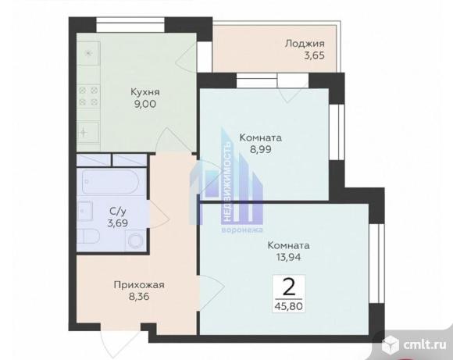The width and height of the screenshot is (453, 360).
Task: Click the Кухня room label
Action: pyautogui.click(x=145, y=92)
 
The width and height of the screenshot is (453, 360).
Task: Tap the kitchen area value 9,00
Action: pyautogui.click(x=145, y=104)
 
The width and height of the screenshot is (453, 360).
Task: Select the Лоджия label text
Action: pyautogui.click(x=305, y=44)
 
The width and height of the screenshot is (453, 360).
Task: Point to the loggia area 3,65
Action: pyautogui.click(x=314, y=55)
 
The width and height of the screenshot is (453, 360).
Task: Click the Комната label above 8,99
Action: pyautogui.click(x=261, y=137)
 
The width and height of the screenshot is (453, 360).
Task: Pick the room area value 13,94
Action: pyautogui.click(x=289, y=257)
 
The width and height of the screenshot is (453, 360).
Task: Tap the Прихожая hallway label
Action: pyautogui.click(x=139, y=285)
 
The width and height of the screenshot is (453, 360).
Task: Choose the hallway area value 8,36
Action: pyautogui.click(x=139, y=297)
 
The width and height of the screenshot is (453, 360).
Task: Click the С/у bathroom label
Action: pyautogui.click(x=118, y=212)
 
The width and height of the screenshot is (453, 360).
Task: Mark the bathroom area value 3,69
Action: pyautogui.click(x=118, y=223)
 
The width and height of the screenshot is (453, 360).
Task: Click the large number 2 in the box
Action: pyautogui.click(x=289, y=287)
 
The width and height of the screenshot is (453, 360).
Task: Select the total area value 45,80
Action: pyautogui.click(x=289, y=306)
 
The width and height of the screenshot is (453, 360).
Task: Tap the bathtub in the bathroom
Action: pyautogui.click(x=111, y=182)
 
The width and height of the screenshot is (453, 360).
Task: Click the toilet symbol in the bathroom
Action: pyautogui.click(x=89, y=237)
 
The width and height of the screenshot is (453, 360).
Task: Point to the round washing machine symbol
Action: pyautogui.click(x=136, y=241)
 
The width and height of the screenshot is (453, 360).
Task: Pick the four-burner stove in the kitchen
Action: pyautogui.click(x=88, y=97)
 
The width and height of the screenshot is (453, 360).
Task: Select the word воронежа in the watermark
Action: pyautogui.click(x=242, y=230)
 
